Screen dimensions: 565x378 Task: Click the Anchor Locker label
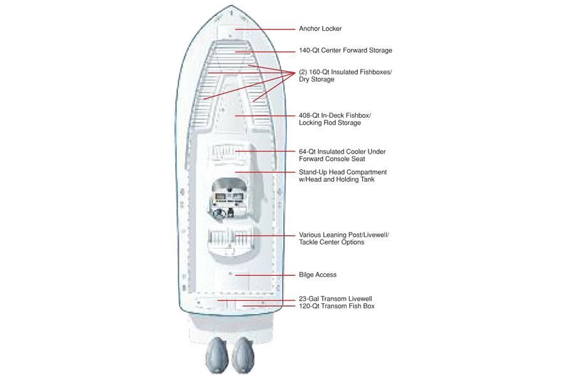point(320,29)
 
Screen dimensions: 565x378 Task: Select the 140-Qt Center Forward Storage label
point(345,50)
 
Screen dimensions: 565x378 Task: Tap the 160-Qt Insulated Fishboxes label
point(345,75)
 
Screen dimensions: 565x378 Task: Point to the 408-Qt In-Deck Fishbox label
point(335,119)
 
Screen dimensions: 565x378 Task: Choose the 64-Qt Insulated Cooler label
point(342,155)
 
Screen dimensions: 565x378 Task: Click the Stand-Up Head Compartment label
point(343,176)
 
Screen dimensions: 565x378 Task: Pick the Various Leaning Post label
point(344,238)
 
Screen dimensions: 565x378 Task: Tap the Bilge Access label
point(318,275)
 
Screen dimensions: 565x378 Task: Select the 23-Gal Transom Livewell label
point(335,299)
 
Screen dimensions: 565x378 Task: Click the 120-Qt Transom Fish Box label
point(336,306)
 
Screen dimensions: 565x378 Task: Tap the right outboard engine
point(243,355)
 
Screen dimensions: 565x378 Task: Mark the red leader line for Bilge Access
point(265,275)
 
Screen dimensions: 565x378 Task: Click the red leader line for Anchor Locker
point(265,29)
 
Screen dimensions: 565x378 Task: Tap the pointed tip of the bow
point(231,6)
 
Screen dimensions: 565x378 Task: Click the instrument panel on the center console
point(229,197)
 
